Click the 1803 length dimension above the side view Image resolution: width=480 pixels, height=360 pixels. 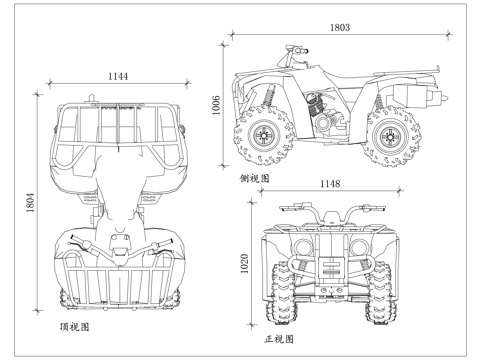pos(340,29)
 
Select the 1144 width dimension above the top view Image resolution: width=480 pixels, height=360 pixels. pos(118,76)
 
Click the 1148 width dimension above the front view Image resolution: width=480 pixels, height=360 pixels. pos(329,183)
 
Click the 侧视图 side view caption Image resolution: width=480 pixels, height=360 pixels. pos(256,178)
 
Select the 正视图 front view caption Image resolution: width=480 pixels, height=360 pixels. pos(281,340)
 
